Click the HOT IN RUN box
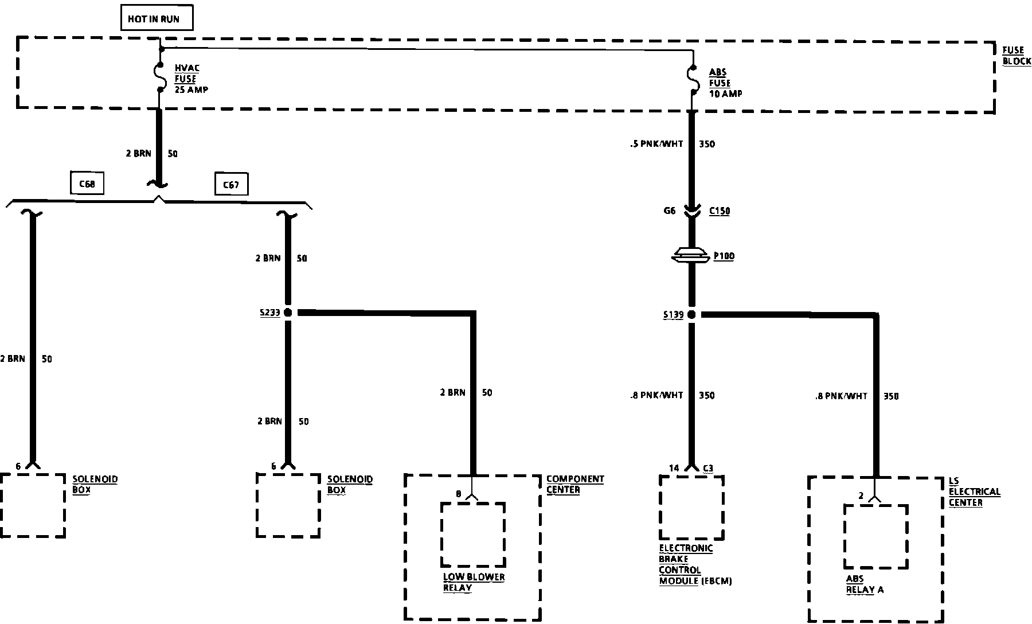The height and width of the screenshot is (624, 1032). (157, 19)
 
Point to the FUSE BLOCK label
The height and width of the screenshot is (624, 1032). (1016, 56)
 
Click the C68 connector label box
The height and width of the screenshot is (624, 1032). (87, 185)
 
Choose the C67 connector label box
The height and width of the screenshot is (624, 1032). (231, 185)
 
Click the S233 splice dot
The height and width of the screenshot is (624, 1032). (288, 313)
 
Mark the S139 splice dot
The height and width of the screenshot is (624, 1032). (691, 314)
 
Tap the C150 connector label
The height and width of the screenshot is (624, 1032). (720, 211)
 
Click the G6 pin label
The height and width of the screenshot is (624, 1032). (670, 210)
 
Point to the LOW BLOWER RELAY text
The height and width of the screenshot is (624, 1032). (474, 582)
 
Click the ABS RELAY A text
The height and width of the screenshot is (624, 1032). (865, 584)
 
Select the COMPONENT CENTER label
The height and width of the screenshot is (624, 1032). (574, 484)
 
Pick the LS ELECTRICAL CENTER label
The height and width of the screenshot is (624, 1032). (974, 492)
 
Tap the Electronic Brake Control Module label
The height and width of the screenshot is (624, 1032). (695, 564)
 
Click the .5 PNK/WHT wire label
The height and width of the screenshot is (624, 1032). (656, 144)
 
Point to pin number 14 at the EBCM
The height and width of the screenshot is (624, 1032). (674, 468)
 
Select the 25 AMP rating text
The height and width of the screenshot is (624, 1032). (191, 90)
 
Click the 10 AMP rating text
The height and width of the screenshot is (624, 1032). (726, 93)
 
